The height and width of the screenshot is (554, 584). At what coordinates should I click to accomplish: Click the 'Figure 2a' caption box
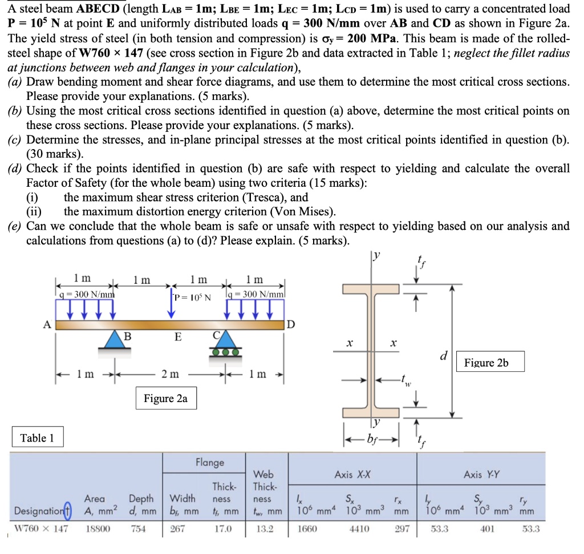tap(165, 398)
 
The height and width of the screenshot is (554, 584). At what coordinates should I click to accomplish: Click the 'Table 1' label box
tap(37, 438)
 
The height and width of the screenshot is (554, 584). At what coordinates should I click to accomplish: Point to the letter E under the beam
tap(179, 338)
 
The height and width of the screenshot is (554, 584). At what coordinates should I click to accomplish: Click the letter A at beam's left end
tap(47, 324)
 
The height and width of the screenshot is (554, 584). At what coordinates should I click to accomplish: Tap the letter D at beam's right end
tap(291, 326)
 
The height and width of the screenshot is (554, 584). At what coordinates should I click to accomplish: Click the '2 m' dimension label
tap(169, 374)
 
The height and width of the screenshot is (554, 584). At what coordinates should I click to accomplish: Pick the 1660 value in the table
tap(308, 529)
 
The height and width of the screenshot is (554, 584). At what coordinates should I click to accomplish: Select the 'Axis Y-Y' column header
tap(481, 474)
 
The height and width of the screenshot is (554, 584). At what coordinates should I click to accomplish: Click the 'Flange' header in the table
tap(210, 462)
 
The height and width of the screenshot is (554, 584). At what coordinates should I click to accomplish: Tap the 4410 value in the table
tap(358, 529)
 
